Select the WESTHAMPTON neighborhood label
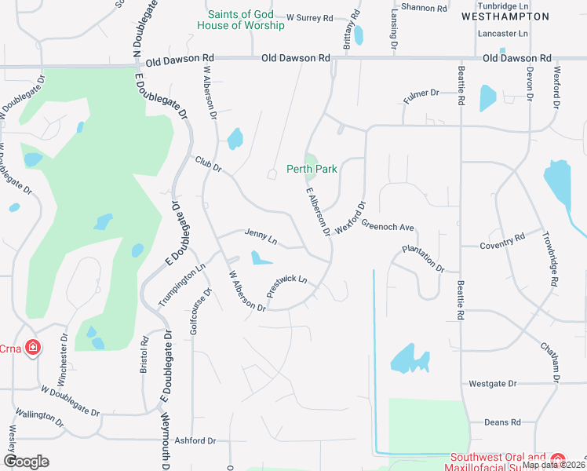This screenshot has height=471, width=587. pyautogui.click(x=505, y=16)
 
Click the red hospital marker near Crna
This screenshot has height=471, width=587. pyautogui.click(x=33, y=346)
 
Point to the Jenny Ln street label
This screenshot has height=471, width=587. pyautogui.click(x=261, y=235)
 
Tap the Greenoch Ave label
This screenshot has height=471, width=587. pyautogui.click(x=388, y=227)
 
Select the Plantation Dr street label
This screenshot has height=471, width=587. pyautogui.click(x=424, y=257)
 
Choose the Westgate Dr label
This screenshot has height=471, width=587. pyautogui.click(x=493, y=384)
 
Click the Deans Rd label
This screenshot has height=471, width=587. pyautogui.click(x=503, y=422)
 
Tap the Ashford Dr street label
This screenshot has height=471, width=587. pyautogui.click(x=195, y=441)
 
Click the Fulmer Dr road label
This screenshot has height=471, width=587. pyautogui.click(x=421, y=94)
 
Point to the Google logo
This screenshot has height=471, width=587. pyautogui.click(x=26, y=462)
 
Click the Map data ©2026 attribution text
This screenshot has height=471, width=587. pyautogui.click(x=552, y=464)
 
